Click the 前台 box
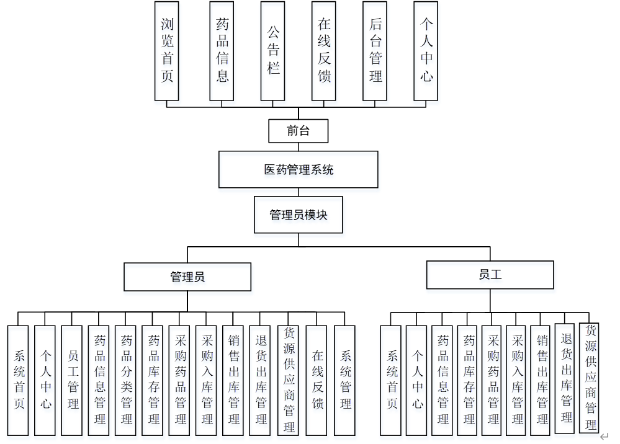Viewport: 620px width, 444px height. pos(298,131)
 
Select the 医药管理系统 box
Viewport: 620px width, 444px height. pos(298,169)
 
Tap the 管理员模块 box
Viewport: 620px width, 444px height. pos(298,215)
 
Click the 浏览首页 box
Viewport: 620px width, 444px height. pos(167,50)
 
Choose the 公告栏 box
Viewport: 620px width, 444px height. pos(273,50)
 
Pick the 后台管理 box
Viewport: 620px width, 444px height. pos(375,50)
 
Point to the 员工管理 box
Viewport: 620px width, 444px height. pos(72,380)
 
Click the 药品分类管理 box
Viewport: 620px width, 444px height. pos(126,380)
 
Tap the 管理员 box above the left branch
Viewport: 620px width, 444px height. pos(187,277)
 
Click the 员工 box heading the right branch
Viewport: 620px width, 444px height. pos(490,275)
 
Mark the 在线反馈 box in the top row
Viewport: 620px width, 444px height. pos(324,50)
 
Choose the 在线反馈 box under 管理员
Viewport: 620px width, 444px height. pos(317,380)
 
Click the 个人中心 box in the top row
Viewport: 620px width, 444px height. pos(426,50)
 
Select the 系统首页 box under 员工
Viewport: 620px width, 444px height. pos(391,380)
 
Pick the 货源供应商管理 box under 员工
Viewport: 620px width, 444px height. pos(590,378)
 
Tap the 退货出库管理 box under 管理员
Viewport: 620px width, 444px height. pos(261,380)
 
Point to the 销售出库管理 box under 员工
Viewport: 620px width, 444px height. pos(542,380)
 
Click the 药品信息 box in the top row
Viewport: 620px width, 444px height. pos(222,50)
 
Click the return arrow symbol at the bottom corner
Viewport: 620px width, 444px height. pos(604,437)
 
